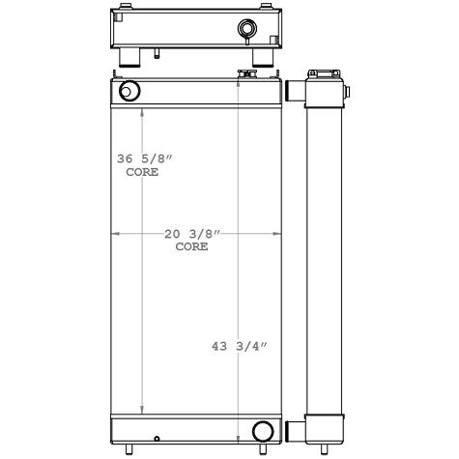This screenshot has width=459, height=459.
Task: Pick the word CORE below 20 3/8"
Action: tap(191, 247)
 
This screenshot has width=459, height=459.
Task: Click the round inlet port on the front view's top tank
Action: tap(129, 92)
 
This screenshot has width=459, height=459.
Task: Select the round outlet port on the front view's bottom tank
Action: tap(262, 430)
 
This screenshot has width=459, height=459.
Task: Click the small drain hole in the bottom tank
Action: tap(156, 437)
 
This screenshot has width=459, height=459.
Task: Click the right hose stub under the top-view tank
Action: tap(260, 61)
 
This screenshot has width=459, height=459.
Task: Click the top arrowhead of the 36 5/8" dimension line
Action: tap(144, 110)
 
